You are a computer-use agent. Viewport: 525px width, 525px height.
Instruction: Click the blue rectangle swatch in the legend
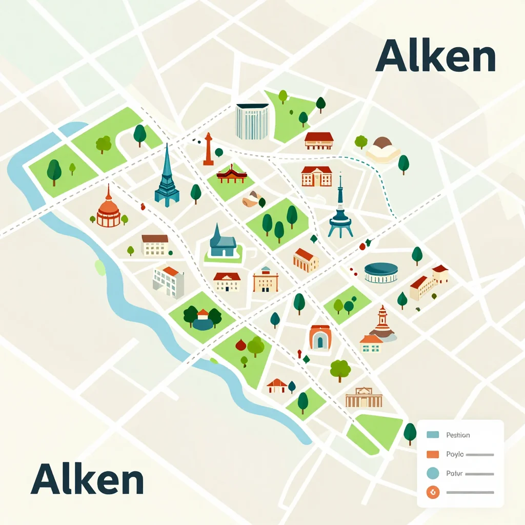[x=433, y=435]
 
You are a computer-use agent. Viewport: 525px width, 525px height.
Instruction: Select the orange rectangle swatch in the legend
[x=433, y=454]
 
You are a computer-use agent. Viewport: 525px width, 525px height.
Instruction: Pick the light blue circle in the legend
[x=433, y=474]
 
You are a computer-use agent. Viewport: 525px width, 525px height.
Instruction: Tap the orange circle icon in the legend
[x=433, y=493]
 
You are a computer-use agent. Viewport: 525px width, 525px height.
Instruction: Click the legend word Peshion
[x=458, y=435]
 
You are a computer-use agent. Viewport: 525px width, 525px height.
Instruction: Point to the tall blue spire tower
[x=167, y=177]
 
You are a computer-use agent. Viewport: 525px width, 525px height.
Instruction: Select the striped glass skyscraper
[x=252, y=122]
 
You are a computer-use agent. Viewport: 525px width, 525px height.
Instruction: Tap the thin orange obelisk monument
[x=208, y=150]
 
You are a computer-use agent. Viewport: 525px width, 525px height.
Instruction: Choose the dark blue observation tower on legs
[x=340, y=213]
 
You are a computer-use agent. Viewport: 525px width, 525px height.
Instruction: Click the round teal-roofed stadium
[x=381, y=272]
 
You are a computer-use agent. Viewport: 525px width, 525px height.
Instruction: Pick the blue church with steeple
[x=223, y=241]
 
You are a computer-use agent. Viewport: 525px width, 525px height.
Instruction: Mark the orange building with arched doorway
[x=320, y=338]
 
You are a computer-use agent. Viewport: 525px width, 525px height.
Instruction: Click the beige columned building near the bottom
[x=364, y=397]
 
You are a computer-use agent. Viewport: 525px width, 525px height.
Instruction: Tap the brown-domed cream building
[x=382, y=149]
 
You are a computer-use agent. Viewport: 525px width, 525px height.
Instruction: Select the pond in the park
[x=203, y=324]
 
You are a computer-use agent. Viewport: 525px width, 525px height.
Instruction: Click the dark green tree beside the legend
[x=410, y=433]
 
